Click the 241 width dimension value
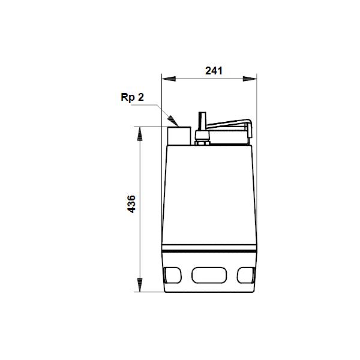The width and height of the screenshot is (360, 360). coord(214,71)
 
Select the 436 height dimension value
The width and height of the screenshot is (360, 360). coord(131,204)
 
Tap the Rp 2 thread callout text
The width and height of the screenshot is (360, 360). coord(132,98)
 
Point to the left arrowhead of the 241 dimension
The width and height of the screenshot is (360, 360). coord(169,79)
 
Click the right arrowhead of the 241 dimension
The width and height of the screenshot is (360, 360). coord(250,79)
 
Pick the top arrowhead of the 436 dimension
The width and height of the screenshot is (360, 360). coord(140,134)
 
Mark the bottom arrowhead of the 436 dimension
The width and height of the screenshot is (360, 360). coord(140,285)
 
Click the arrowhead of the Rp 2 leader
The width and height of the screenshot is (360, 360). coord(173,121)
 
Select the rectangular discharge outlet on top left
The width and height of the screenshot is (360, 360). coord(179,136)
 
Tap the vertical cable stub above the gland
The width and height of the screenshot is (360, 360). coord(203,121)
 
